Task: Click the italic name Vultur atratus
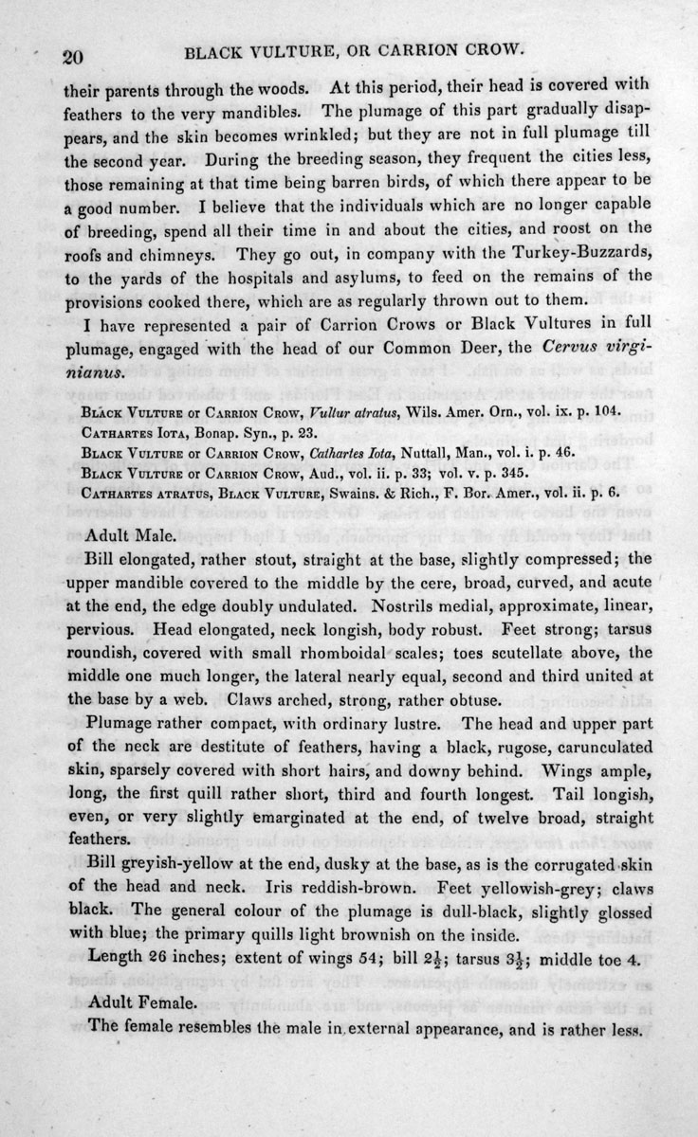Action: (330, 414)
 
